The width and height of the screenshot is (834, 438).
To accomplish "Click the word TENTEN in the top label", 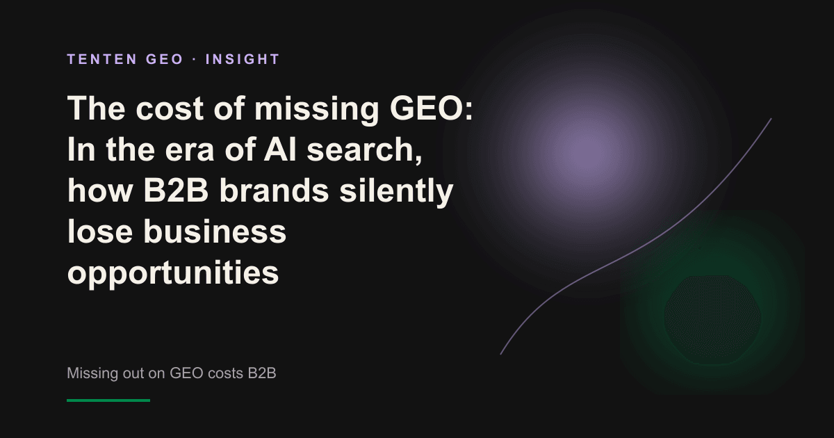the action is (102, 59).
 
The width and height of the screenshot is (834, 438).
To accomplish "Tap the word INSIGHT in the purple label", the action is (243, 59).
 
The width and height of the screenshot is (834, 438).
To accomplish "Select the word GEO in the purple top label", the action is (164, 59).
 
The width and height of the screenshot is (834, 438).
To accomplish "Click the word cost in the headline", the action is (170, 108).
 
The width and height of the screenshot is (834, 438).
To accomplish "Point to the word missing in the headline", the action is (316, 111).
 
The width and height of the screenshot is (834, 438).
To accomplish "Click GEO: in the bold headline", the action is (431, 108).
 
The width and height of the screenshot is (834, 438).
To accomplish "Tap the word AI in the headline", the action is (280, 149).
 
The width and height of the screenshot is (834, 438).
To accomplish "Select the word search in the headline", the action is (364, 150).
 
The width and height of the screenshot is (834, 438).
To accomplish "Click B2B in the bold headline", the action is (175, 190).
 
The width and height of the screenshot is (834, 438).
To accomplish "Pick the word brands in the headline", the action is (274, 190).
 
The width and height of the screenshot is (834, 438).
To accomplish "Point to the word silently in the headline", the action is (396, 192).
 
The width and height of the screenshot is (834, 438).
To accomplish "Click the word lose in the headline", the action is (100, 232).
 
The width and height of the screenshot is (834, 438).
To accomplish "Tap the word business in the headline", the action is (215, 232).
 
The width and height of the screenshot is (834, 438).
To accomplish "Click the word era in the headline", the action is (189, 151).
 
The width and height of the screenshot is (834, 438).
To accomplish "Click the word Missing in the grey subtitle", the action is (92, 373).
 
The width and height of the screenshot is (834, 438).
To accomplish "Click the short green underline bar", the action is (108, 400).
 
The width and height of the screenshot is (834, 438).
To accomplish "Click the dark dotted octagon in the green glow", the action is (712, 320).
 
